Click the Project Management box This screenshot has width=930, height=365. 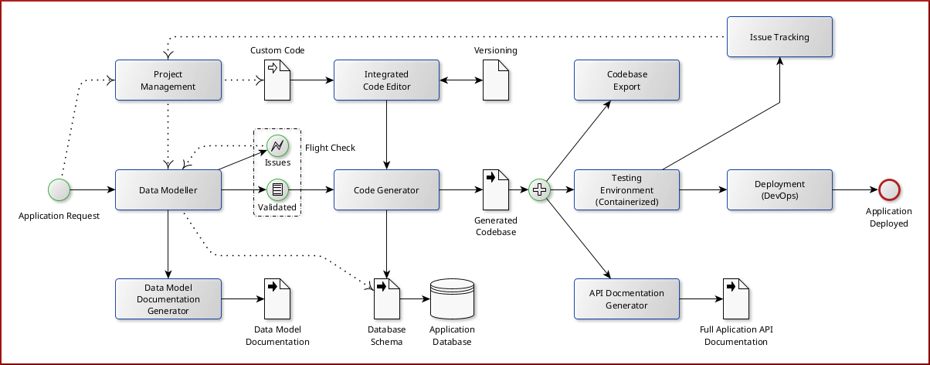pyautogui.click(x=168, y=80)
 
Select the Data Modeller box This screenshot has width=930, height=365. pyautogui.click(x=168, y=189)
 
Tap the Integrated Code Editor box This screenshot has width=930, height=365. pyautogui.click(x=386, y=80)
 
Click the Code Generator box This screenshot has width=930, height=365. pyautogui.click(x=386, y=189)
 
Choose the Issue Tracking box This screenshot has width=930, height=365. pyautogui.click(x=779, y=36)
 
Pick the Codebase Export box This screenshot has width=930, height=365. pyautogui.click(x=626, y=80)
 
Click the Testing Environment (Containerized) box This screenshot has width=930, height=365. pyautogui.click(x=626, y=189)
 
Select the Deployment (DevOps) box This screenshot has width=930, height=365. pyautogui.click(x=779, y=189)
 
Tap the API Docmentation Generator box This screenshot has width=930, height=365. pyautogui.click(x=626, y=299)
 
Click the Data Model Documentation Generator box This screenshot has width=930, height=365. pyautogui.click(x=168, y=299)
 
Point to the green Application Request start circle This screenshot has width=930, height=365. pyautogui.click(x=59, y=189)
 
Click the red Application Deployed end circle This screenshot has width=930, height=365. pyautogui.click(x=888, y=189)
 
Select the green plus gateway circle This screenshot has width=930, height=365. pyautogui.click(x=539, y=189)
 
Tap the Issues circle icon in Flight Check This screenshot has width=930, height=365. pyautogui.click(x=277, y=145)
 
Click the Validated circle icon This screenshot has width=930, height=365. pyautogui.click(x=277, y=189)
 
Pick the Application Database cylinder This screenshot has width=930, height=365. pyautogui.click(x=452, y=298)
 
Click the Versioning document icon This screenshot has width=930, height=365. pyautogui.click(x=496, y=80)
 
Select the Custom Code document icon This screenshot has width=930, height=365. pyautogui.click(x=277, y=80)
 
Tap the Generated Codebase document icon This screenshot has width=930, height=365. pyautogui.click(x=496, y=189)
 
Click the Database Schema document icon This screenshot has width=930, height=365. pyautogui.click(x=386, y=298)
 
